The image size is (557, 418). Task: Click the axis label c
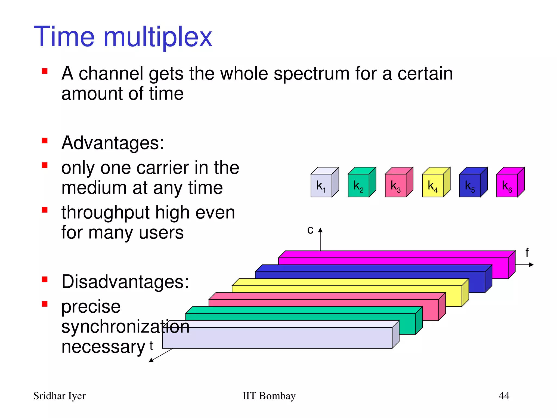pos(310,230)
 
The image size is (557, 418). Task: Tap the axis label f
pos(527,253)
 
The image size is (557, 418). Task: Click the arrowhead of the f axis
pos(531,265)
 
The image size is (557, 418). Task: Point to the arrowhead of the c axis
pos(320,230)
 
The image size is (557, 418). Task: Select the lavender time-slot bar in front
pos(277,337)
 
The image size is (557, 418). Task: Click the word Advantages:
pos(113,143)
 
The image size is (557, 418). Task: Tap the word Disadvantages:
pos(125,282)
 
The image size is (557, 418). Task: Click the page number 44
pos(504,395)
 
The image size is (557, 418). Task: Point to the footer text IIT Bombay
pos(269,396)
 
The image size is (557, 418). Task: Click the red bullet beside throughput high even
pos(45,210)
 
